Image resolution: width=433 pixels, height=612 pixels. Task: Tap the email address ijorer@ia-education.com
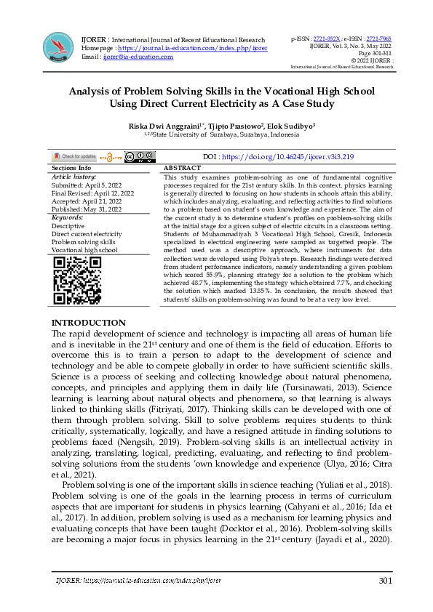pos(138,56)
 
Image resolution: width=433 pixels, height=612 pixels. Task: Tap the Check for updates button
pos(74,156)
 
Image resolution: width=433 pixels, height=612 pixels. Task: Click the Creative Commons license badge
pos(139,156)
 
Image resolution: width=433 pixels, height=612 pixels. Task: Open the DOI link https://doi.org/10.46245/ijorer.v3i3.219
pos(287,156)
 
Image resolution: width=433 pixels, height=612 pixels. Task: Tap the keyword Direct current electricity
pos(87,233)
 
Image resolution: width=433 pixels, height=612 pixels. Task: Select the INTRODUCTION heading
pos(88,323)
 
